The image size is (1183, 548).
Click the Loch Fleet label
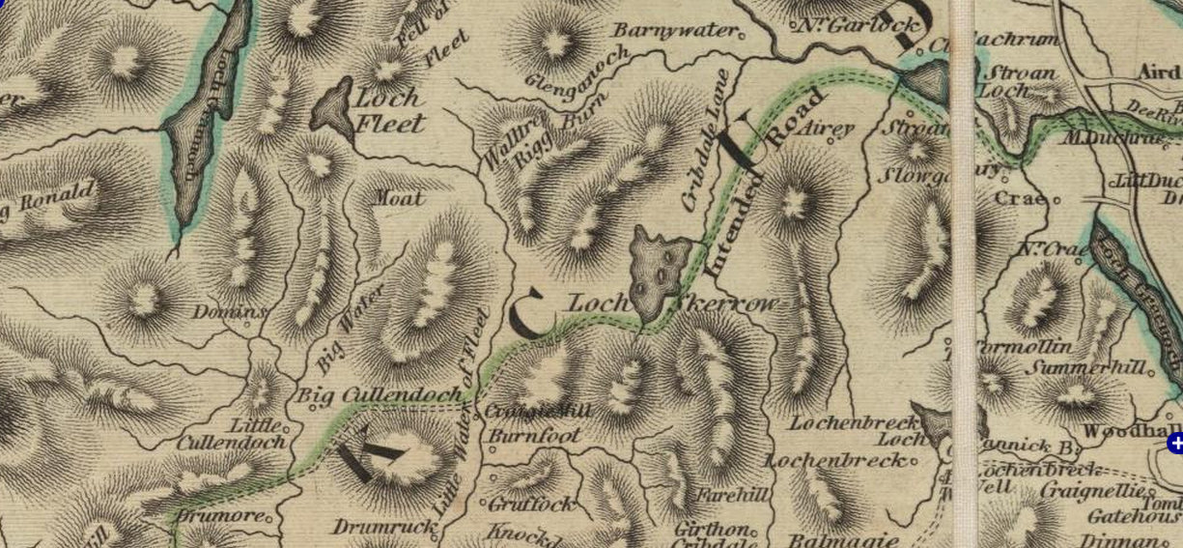click(x=388, y=110)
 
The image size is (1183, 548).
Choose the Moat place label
click(x=399, y=198)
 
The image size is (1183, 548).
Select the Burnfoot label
click(x=534, y=436)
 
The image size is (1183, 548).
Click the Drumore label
click(x=219, y=515)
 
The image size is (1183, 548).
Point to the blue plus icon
click(x=1174, y=444)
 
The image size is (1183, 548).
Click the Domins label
click(x=228, y=312)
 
